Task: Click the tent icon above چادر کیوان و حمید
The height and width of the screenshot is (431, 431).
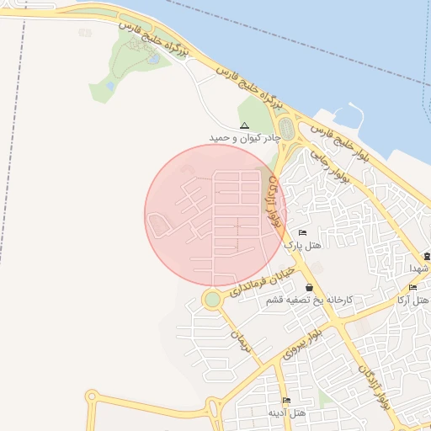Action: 245,125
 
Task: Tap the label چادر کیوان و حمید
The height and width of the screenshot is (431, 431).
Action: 245,136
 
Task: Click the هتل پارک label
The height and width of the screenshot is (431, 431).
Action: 303,245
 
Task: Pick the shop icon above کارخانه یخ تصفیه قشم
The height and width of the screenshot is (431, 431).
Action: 310,288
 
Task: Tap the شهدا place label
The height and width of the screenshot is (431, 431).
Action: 420,268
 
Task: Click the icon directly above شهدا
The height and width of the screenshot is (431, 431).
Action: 427,256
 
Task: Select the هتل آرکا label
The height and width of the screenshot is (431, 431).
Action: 413,301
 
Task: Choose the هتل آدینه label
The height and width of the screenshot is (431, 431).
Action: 286,413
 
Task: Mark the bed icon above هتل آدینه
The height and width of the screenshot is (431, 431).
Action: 286,401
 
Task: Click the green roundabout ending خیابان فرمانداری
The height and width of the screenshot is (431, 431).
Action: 212,299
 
